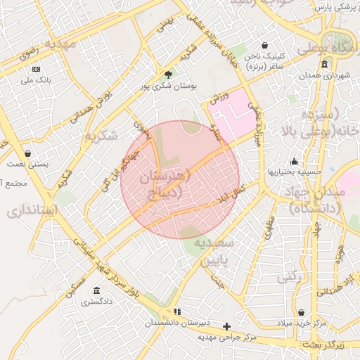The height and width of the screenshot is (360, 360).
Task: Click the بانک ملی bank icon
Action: (x=36, y=69)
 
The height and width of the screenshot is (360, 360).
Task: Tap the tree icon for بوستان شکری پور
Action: (x=167, y=74)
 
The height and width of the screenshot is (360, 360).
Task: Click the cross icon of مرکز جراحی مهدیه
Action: (x=226, y=326)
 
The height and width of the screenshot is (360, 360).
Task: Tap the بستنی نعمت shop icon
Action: (x=27, y=153)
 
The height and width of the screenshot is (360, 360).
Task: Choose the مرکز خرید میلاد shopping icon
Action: (x=302, y=312)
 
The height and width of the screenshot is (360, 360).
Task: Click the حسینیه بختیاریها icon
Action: (x=293, y=161)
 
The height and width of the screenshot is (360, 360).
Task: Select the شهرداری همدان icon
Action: (x=324, y=64)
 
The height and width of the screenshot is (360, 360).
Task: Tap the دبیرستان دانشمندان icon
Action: (x=177, y=311)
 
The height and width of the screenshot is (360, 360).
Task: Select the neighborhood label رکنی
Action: (x=290, y=278)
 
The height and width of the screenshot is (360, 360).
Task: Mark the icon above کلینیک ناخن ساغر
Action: (x=264, y=44)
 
